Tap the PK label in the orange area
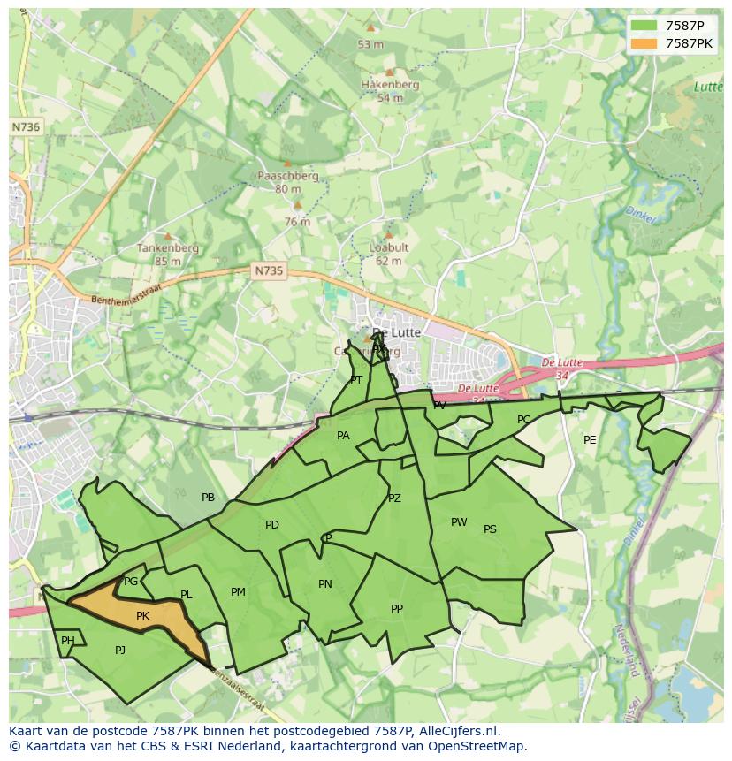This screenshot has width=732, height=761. [142, 616]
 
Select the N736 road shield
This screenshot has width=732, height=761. [26, 127]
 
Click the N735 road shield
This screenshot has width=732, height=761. [267, 271]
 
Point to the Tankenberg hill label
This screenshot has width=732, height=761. [167, 248]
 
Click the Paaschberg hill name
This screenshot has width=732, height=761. [287, 176]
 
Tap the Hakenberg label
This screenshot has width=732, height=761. [389, 85]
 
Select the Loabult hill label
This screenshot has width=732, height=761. [388, 247]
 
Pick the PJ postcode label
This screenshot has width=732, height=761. [120, 650]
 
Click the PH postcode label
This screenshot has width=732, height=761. [68, 641]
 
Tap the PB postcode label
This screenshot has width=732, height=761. [208, 498]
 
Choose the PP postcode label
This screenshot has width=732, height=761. [397, 609]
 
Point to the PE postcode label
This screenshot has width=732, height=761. [590, 440]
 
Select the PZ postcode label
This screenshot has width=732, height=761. [394, 498]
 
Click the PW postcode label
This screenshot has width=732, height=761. [458, 522]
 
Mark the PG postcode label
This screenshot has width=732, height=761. [131, 582]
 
